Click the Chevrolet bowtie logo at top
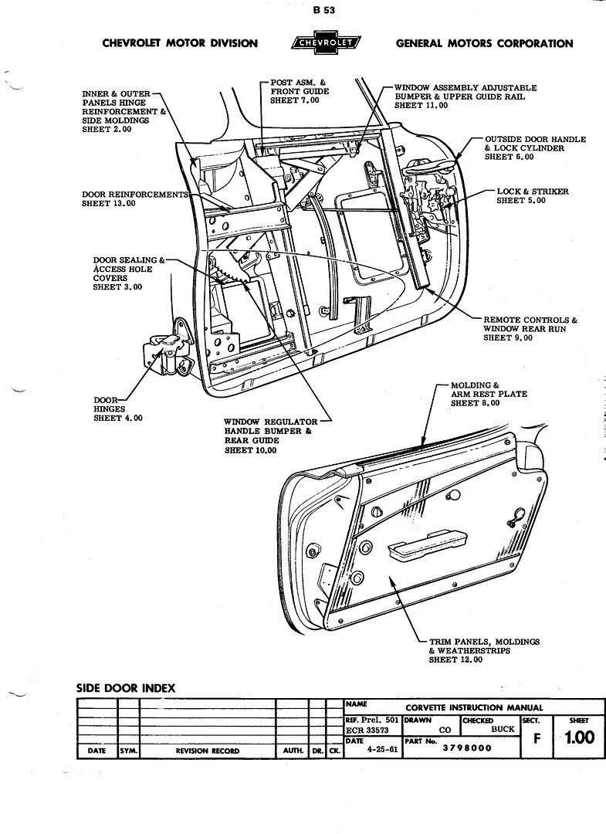tap(327, 43)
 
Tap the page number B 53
tap(324, 10)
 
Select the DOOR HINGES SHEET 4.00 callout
tap(109, 409)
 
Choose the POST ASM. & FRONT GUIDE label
tap(300, 91)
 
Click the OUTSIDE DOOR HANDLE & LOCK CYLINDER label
tap(534, 148)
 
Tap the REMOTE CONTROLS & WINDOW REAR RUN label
tap(530, 329)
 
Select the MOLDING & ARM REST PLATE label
tap(489, 394)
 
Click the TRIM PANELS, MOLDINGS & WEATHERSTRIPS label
tap(483, 650)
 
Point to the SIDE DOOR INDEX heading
tap(126, 688)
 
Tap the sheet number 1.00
tap(579, 737)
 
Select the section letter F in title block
tap(537, 738)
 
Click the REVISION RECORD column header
tap(207, 751)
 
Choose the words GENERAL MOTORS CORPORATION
tap(484, 43)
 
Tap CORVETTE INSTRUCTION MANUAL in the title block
tap(474, 707)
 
